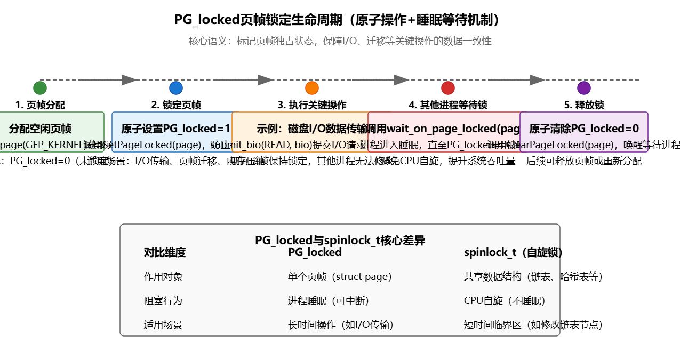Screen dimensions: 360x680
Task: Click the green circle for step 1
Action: [40, 88]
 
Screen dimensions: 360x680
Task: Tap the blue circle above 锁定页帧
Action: [176, 88]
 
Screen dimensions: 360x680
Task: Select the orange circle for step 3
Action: [312, 88]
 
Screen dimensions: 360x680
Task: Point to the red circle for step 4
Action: [448, 88]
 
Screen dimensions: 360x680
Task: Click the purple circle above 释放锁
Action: [584, 88]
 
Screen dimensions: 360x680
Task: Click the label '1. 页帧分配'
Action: [40, 105]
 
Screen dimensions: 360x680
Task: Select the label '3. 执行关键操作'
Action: [312, 105]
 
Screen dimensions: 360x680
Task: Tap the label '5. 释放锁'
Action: [584, 105]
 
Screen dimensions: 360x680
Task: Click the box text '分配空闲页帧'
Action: [40, 129]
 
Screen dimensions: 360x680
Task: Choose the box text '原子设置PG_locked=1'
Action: [176, 129]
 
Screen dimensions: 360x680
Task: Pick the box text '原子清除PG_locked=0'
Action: [584, 129]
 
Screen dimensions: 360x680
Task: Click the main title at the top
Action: [340, 20]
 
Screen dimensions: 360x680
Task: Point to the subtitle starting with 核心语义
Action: [340, 41]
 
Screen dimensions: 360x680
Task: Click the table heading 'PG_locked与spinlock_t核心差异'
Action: [340, 240]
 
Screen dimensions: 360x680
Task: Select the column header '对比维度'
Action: [165, 252]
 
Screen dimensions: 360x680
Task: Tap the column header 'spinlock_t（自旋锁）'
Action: [513, 252]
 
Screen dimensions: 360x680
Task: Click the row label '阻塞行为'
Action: [163, 300]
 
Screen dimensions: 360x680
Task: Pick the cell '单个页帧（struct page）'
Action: [340, 276]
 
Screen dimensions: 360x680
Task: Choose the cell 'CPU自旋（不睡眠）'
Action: [505, 300]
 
